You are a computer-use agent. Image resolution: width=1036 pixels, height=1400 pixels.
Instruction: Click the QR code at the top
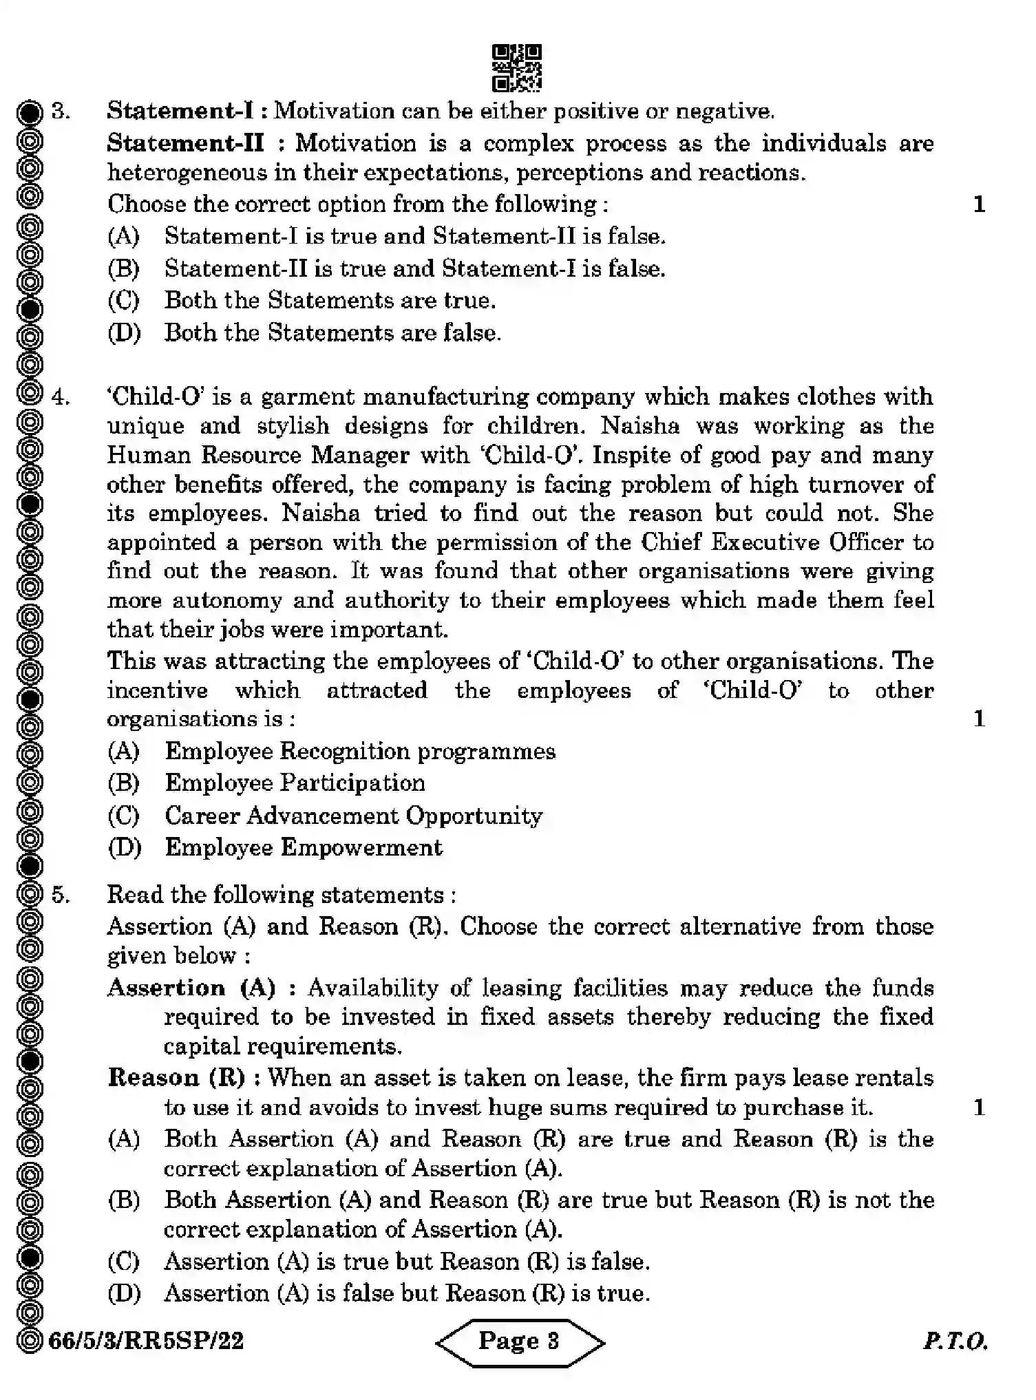(x=517, y=67)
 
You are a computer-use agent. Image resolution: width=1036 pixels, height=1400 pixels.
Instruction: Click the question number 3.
(x=61, y=111)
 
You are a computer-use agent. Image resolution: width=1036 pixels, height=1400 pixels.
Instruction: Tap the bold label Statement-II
(x=185, y=143)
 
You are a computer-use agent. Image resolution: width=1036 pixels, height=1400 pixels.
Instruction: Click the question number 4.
(x=61, y=397)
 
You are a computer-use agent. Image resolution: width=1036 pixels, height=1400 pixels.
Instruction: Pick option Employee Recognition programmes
(x=359, y=751)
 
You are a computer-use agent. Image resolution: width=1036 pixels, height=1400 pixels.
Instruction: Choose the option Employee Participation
(x=295, y=783)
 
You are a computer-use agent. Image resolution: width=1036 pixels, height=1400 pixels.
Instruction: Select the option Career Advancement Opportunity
(x=353, y=816)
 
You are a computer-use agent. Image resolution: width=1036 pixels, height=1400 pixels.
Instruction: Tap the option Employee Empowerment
(x=303, y=847)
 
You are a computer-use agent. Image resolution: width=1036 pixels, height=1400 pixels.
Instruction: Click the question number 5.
(x=61, y=895)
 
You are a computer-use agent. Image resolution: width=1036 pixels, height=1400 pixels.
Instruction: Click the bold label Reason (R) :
(x=184, y=1077)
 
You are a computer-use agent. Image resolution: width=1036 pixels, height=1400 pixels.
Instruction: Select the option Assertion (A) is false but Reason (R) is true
(x=406, y=1293)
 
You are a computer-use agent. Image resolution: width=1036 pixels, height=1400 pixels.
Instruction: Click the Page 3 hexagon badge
(x=520, y=1341)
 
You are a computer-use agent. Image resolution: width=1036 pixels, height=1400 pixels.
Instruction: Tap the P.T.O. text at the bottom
(x=955, y=1341)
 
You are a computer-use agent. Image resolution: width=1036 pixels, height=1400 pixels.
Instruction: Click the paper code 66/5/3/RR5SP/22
(x=146, y=1341)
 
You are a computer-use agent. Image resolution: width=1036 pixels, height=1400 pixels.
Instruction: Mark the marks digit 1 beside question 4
(x=979, y=719)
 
